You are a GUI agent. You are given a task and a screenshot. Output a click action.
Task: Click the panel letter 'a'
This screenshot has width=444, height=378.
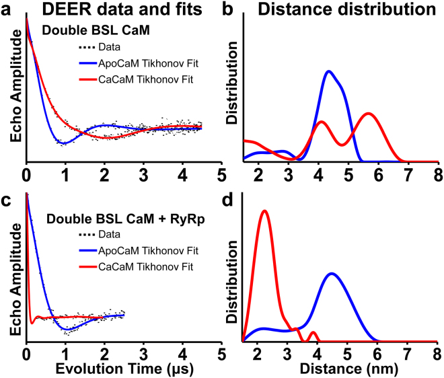[9, 10]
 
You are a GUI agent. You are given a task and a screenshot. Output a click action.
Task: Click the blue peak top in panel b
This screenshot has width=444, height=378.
[328, 71]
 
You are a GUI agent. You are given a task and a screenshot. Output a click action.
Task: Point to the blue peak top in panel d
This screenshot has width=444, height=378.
[331, 273]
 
